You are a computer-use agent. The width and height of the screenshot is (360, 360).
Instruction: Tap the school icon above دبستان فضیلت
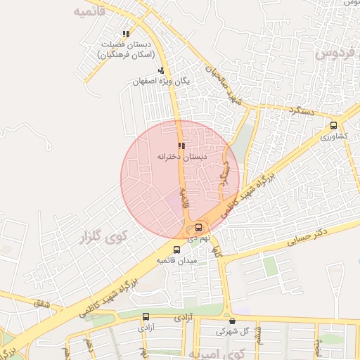point(126,33)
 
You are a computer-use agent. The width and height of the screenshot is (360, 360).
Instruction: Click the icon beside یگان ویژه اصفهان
point(161,70)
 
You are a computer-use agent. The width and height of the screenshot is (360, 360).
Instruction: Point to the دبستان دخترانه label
point(181,157)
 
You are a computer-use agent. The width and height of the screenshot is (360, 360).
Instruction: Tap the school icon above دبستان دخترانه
point(181,146)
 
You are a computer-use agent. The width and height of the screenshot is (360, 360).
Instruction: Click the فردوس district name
point(338,53)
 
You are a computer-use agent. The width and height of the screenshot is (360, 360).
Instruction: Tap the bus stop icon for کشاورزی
point(333,124)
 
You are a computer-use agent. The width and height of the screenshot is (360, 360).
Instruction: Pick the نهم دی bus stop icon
point(199,227)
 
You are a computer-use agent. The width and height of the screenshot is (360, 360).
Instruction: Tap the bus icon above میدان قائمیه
point(176,249)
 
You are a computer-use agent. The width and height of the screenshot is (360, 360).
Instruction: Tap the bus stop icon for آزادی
point(146,317)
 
